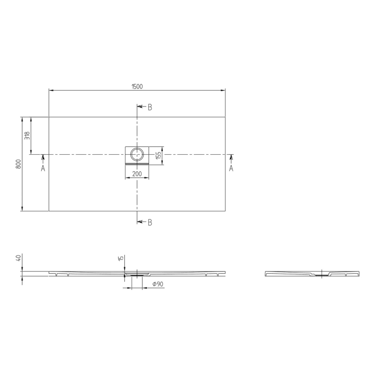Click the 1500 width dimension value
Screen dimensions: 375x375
pyautogui.click(x=137, y=86)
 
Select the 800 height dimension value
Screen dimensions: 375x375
pyautogui.click(x=18, y=164)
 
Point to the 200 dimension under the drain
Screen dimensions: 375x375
pyautogui.click(x=137, y=174)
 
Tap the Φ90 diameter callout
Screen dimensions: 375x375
pyautogui.click(x=157, y=284)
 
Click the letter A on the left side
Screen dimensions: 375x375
pyautogui.click(x=43, y=168)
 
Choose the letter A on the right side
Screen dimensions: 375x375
pyautogui.click(x=231, y=168)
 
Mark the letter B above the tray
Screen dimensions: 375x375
pyautogui.click(x=149, y=107)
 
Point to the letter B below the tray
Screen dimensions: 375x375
pyautogui.click(x=149, y=222)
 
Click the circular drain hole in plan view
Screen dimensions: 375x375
pyautogui.click(x=137, y=154)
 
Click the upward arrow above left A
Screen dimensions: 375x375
pyautogui.click(x=43, y=157)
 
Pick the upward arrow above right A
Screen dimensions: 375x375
pyautogui.click(x=231, y=157)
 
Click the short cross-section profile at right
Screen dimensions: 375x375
pyautogui.click(x=312, y=274)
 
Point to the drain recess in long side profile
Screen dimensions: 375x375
pyautogui.click(x=137, y=274)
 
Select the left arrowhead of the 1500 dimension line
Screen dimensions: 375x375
pyautogui.click(x=51, y=90)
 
